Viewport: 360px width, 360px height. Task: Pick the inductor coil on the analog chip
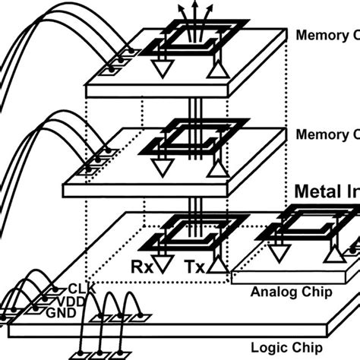coord(303,212)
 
